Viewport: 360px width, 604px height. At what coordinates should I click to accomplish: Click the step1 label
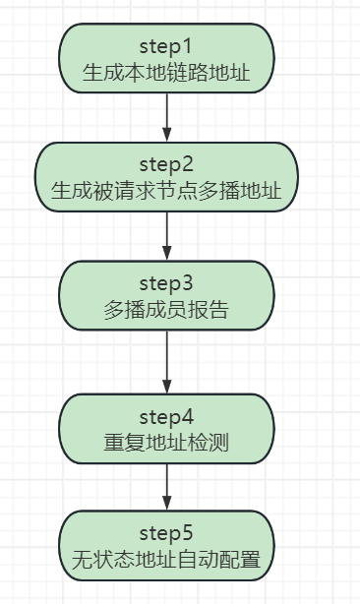pyautogui.click(x=166, y=45)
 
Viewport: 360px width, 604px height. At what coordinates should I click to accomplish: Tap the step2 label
pyautogui.click(x=166, y=163)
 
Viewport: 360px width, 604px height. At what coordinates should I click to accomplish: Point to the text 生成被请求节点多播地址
pyautogui.click(x=166, y=191)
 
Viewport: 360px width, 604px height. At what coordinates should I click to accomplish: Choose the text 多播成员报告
pyautogui.click(x=166, y=311)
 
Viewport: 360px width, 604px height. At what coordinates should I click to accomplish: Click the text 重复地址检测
pyautogui.click(x=166, y=442)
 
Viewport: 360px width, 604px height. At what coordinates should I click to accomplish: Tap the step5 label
pyautogui.click(x=166, y=534)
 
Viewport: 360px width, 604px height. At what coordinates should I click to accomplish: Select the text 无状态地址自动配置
pyautogui.click(x=166, y=561)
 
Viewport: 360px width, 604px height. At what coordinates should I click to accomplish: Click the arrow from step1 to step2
pyautogui.click(x=166, y=116)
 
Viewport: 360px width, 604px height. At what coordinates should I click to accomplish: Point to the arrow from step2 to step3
pyautogui.click(x=166, y=234)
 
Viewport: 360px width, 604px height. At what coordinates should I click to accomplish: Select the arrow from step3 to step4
pyautogui.click(x=166, y=360)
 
